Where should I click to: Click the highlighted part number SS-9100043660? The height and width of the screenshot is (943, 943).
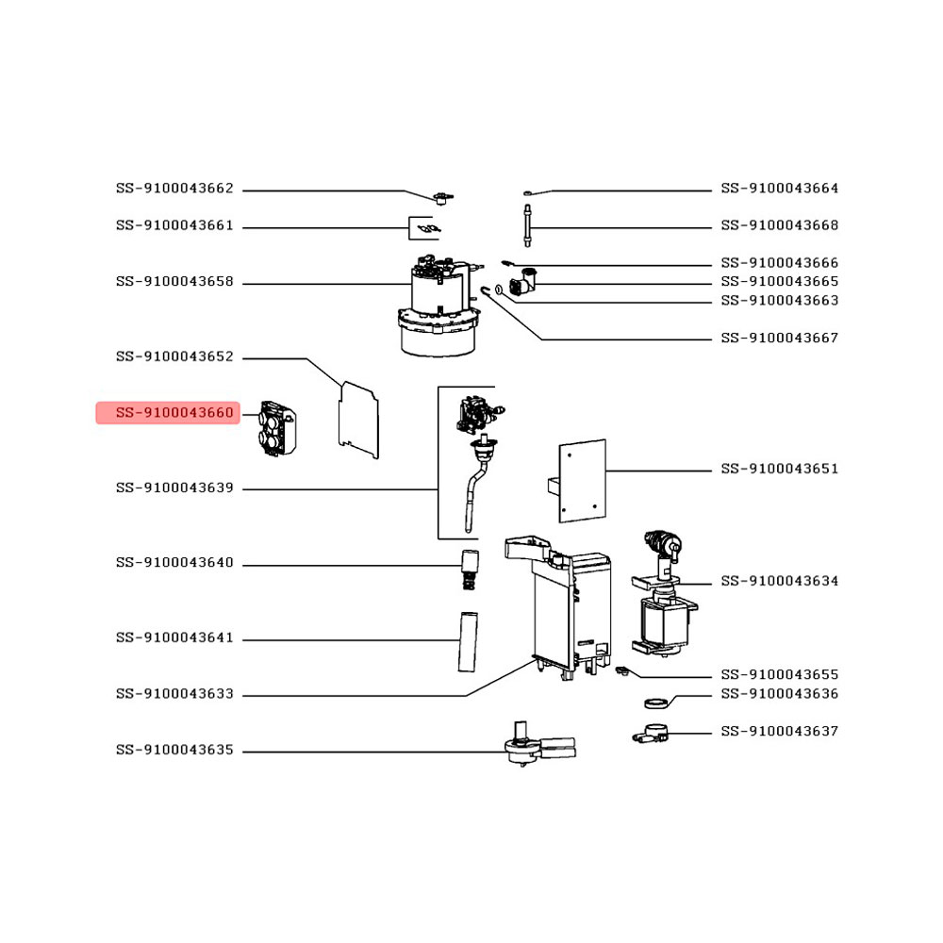(x=174, y=413)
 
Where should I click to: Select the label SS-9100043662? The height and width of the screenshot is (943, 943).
(x=174, y=189)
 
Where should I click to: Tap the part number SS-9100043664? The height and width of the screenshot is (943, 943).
(x=780, y=189)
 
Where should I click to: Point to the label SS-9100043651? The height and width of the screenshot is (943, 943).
(x=780, y=469)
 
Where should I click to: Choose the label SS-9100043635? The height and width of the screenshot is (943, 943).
(x=174, y=750)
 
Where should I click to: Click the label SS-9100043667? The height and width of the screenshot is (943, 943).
(x=780, y=338)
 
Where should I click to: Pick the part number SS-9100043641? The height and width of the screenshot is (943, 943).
(x=174, y=637)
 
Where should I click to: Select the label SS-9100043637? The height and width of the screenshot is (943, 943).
(x=780, y=732)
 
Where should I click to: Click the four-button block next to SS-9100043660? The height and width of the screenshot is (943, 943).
(x=277, y=428)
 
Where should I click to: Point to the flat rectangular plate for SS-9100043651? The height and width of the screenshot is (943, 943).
(x=581, y=481)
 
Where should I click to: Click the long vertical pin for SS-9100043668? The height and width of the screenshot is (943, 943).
(x=527, y=225)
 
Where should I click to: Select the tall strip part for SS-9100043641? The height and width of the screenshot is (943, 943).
(x=468, y=641)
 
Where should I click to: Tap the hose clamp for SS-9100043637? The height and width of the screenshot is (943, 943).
(x=651, y=735)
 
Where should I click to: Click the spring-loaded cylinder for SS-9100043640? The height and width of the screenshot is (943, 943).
(x=470, y=570)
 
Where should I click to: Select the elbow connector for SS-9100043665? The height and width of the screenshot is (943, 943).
(x=522, y=281)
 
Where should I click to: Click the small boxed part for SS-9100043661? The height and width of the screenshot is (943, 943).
(x=424, y=228)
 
